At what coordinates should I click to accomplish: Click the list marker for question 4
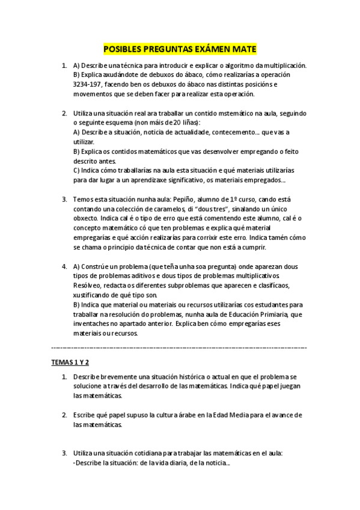click(64, 266)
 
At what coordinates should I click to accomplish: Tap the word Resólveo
click(89, 286)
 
